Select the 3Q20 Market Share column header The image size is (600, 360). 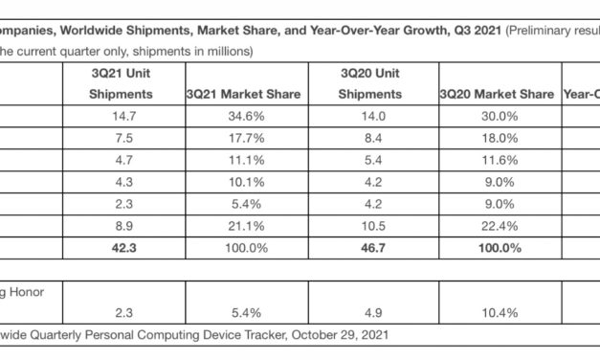point(496,94)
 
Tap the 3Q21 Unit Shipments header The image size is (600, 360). point(121,83)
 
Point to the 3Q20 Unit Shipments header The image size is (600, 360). point(375,83)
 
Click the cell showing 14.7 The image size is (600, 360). point(121,117)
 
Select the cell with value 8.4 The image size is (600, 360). point(375,139)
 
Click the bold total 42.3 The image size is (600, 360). point(121,249)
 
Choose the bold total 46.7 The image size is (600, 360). point(375,249)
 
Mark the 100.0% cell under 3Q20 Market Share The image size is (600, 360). point(496,249)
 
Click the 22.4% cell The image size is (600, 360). point(496,227)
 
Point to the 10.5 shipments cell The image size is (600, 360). point(375,227)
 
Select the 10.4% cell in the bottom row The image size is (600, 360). point(496,313)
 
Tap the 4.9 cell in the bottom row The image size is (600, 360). point(375,313)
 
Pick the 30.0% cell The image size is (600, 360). point(496,117)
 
